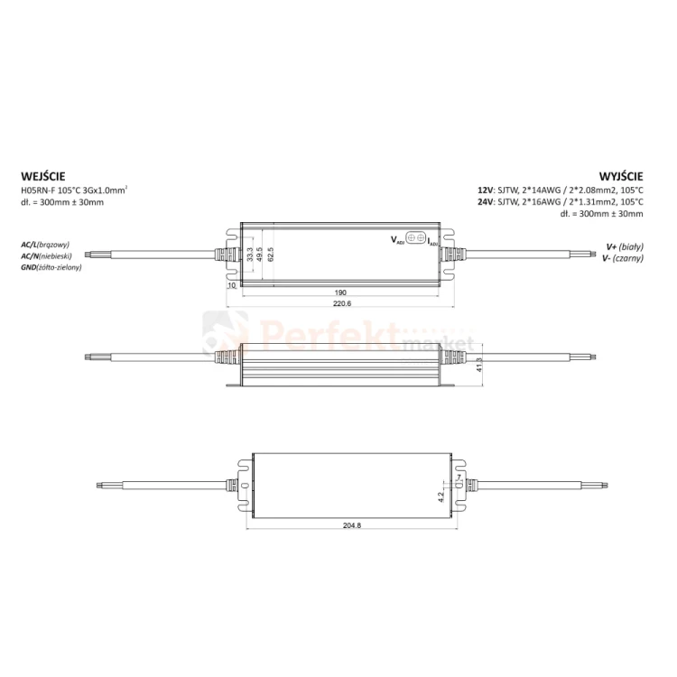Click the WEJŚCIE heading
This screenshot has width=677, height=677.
click(43, 176)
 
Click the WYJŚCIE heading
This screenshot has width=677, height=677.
click(621, 176)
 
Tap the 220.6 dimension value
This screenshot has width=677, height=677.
click(342, 303)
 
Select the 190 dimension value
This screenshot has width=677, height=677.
click(340, 292)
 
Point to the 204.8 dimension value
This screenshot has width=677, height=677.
click(352, 525)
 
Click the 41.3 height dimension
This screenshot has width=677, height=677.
click(478, 366)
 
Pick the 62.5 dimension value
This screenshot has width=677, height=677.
click(271, 255)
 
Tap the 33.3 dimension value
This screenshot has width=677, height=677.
click(249, 255)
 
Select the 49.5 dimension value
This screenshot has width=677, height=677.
click(259, 255)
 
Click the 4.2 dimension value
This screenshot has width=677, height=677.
click(441, 496)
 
